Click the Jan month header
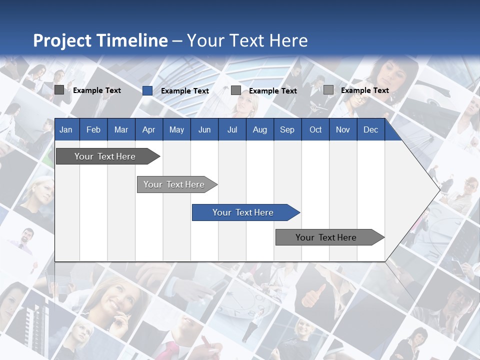pyautogui.click(x=66, y=129)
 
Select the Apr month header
pyautogui.click(x=148, y=129)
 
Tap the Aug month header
pyautogui.click(x=259, y=129)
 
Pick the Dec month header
pyautogui.click(x=370, y=129)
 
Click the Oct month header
pyautogui.click(x=315, y=129)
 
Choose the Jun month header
pyautogui.click(x=204, y=129)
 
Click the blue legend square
pyautogui.click(x=147, y=90)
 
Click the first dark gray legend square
pyautogui.click(x=59, y=90)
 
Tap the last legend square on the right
pyautogui.click(x=328, y=90)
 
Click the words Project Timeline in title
pyautogui.click(x=100, y=40)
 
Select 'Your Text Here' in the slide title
pyautogui.click(x=247, y=40)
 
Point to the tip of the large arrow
pyautogui.click(x=439, y=189)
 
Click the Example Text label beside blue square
pyautogui.click(x=184, y=91)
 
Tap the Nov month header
pyautogui.click(x=343, y=129)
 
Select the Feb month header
pyautogui.click(x=93, y=129)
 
